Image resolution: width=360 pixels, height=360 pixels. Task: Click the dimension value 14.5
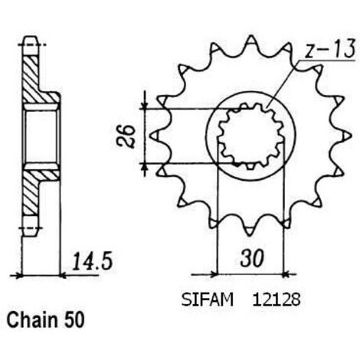[x=93, y=261]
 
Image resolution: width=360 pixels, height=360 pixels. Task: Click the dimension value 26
[x=126, y=136]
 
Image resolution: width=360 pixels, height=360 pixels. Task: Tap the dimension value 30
[x=252, y=258]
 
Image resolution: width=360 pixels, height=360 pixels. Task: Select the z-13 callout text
[x=330, y=48]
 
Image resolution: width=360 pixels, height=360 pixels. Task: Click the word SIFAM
[x=208, y=299]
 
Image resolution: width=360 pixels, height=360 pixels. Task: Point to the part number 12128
[x=277, y=299]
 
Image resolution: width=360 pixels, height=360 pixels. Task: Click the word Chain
[x=32, y=320]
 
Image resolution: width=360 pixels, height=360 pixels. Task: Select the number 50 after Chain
[x=74, y=320]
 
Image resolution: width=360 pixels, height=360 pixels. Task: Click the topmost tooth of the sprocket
[x=250, y=41]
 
